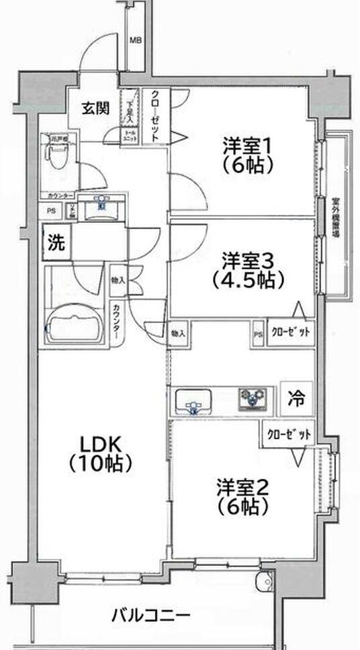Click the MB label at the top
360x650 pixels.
136,40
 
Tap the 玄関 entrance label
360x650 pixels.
95,108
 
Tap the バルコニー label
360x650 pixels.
150,614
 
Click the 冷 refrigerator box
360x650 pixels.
296,398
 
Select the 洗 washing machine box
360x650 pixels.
56,243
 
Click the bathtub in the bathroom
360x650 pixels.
74,324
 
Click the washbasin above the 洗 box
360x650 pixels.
100,209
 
